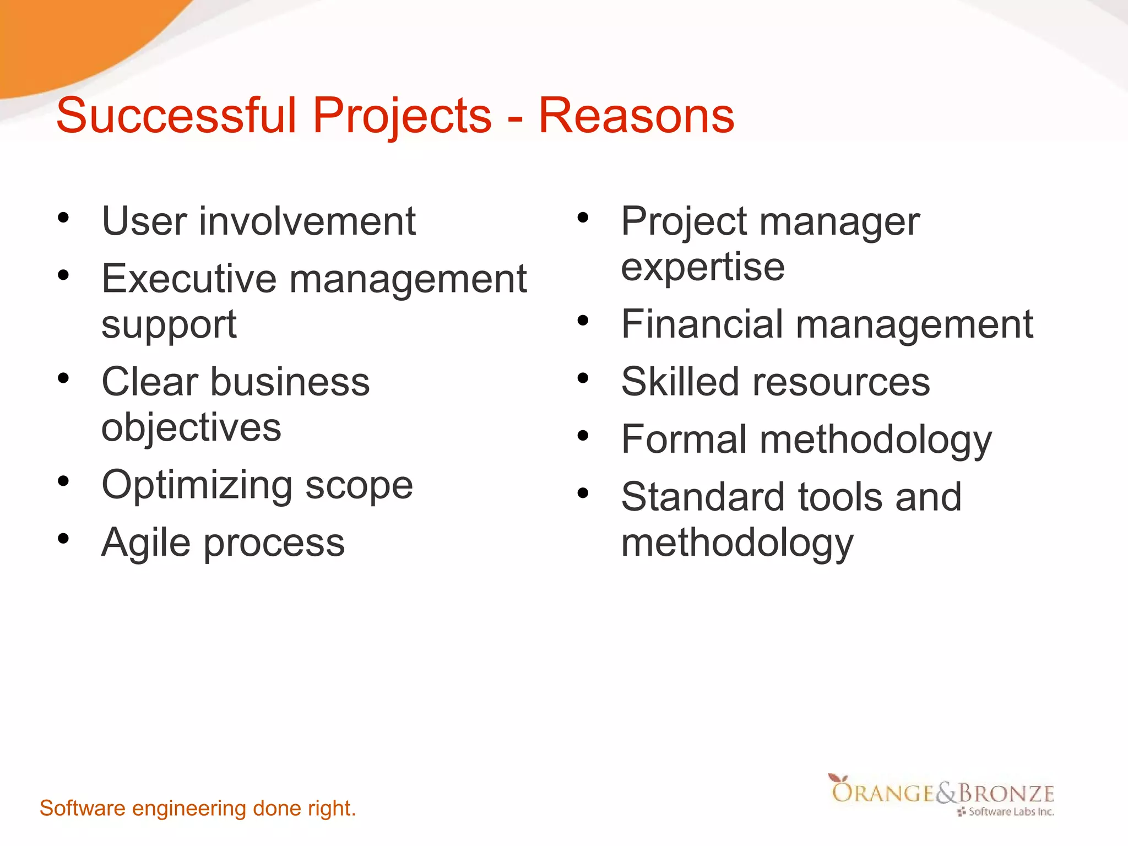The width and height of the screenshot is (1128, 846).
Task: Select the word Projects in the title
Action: (x=402, y=117)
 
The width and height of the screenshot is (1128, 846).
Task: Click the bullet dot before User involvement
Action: (x=63, y=218)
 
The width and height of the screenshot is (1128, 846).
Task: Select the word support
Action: (x=169, y=325)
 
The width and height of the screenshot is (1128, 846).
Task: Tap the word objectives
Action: (x=191, y=427)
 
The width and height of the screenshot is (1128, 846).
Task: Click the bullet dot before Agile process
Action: (x=63, y=538)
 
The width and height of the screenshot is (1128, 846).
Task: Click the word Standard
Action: (x=703, y=497)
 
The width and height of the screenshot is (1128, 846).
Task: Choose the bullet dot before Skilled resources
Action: (x=583, y=378)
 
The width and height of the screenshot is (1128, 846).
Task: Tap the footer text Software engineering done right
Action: (x=198, y=809)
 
